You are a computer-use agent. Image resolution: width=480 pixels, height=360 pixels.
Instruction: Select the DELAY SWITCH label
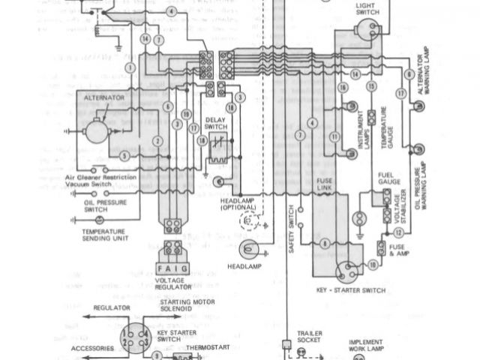pos(217,124)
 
